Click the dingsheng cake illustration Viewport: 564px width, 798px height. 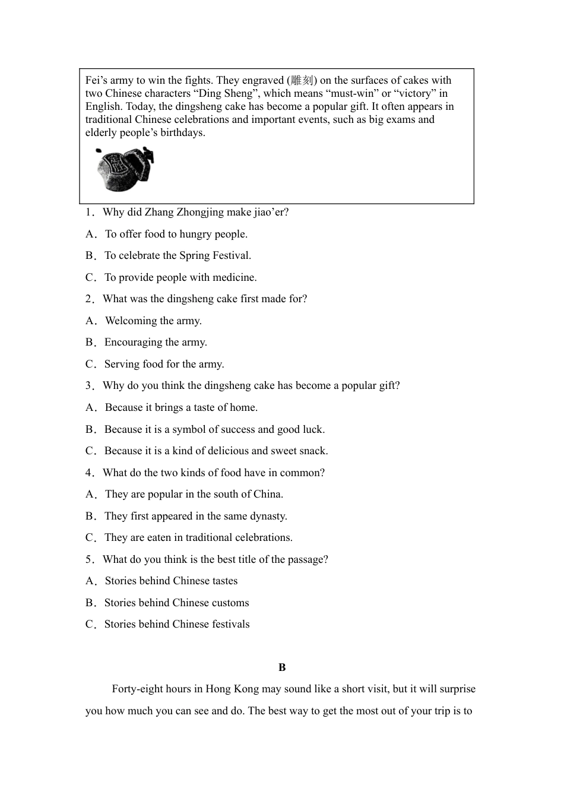click(x=124, y=169)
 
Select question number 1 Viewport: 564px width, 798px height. click(x=90, y=212)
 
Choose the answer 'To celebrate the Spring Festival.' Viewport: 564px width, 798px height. click(x=178, y=255)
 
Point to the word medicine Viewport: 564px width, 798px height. click(x=233, y=277)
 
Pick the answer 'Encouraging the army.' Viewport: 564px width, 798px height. click(x=156, y=342)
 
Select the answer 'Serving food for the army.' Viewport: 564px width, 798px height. click(x=164, y=364)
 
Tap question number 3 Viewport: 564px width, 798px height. click(x=90, y=385)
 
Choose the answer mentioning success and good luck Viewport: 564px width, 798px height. click(x=214, y=429)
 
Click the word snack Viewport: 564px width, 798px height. click(x=313, y=451)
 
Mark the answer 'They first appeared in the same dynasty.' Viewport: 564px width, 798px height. click(x=195, y=516)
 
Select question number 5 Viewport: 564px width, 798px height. click(x=90, y=559)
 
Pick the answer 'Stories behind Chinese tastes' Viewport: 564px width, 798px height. click(x=171, y=581)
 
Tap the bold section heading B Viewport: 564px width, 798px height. click(x=282, y=667)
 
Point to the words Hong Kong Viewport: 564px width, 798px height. click(x=232, y=689)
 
